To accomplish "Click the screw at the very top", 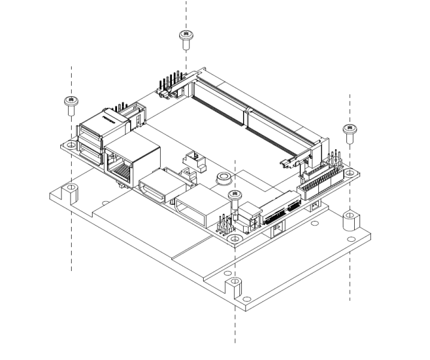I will point(185,39).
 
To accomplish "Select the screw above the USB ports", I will point(72,104).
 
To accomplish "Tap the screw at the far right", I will point(349,133).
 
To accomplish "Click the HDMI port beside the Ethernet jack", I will point(156,189).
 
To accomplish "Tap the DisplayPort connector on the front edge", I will point(200,207).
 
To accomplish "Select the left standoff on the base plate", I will point(71,192).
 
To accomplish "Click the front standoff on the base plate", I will point(232,288).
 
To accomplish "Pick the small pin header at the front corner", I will point(226,226).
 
